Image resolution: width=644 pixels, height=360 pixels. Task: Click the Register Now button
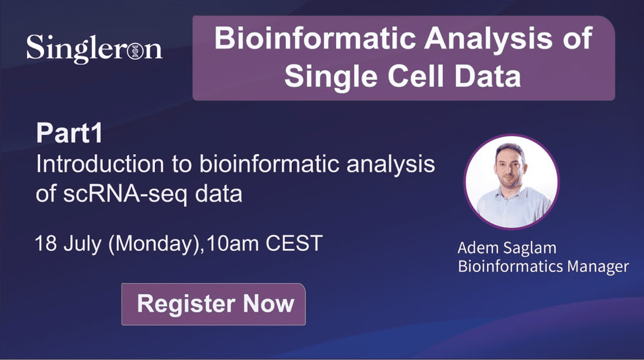pyautogui.click(x=213, y=304)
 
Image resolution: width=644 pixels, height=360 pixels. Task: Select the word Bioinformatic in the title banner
pyautogui.click(x=315, y=39)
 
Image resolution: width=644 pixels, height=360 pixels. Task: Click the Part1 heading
pyautogui.click(x=69, y=133)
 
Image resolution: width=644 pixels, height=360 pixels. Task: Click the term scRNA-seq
pyautogui.click(x=125, y=195)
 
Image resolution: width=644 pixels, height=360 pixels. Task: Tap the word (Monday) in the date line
pyautogui.click(x=154, y=244)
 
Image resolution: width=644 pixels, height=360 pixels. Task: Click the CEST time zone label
pyautogui.click(x=294, y=243)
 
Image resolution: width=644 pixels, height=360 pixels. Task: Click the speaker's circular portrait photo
pyautogui.click(x=512, y=182)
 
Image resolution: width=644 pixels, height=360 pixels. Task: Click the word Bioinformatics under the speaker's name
pyautogui.click(x=510, y=266)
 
